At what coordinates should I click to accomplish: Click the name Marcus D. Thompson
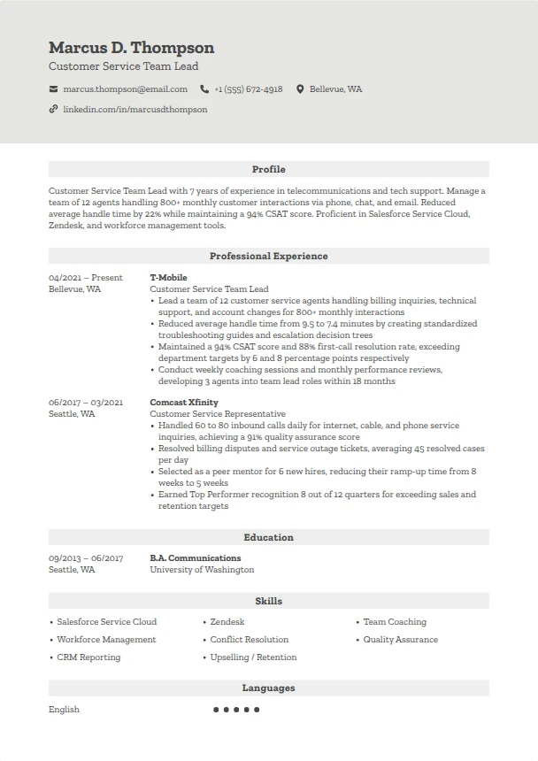pyautogui.click(x=131, y=48)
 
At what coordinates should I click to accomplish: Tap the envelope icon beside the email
pyautogui.click(x=54, y=89)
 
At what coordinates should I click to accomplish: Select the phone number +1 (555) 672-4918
pyautogui.click(x=248, y=89)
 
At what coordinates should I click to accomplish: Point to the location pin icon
pyautogui.click(x=300, y=89)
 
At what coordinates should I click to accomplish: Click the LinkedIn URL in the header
pyautogui.click(x=134, y=110)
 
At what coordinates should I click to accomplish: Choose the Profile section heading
pyautogui.click(x=268, y=169)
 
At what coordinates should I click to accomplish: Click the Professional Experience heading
pyautogui.click(x=268, y=256)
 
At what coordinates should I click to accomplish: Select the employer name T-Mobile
pyautogui.click(x=168, y=278)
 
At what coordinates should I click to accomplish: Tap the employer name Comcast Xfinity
pyautogui.click(x=184, y=403)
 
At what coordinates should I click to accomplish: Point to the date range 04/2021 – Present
pyautogui.click(x=86, y=278)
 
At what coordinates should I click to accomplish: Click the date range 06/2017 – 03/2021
pyautogui.click(x=86, y=403)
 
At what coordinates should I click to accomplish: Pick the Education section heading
pyautogui.click(x=268, y=537)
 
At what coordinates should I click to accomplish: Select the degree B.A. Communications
pyautogui.click(x=195, y=558)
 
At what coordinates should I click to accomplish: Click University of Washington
pyautogui.click(x=202, y=570)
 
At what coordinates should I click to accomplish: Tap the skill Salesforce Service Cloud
pyautogui.click(x=106, y=622)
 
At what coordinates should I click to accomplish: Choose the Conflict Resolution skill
pyautogui.click(x=249, y=640)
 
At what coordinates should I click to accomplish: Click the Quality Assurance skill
pyautogui.click(x=400, y=640)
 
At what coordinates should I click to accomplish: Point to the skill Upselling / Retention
pyautogui.click(x=253, y=657)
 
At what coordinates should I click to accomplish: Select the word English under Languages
pyautogui.click(x=64, y=710)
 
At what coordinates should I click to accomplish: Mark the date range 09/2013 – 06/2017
pyautogui.click(x=86, y=558)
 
